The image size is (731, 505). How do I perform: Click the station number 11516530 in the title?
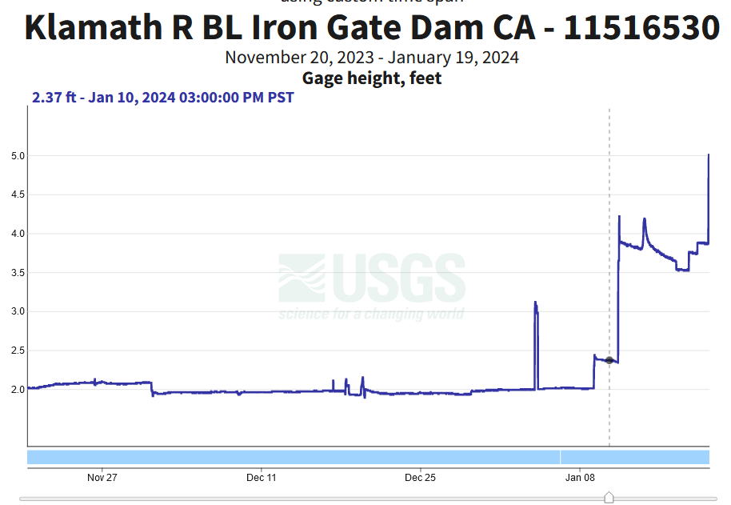tap(641, 28)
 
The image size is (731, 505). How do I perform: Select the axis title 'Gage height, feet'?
tap(372, 78)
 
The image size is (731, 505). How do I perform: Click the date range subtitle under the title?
tap(372, 58)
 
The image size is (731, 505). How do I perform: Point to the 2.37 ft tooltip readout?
tap(162, 98)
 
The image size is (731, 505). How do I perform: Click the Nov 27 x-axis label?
tap(102, 478)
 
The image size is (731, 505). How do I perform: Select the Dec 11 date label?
tap(262, 478)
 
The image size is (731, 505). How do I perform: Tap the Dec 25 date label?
tap(421, 478)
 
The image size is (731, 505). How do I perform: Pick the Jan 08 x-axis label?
tap(580, 478)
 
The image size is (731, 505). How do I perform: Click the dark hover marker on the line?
tap(609, 360)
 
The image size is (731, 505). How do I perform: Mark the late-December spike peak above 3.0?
tap(535, 303)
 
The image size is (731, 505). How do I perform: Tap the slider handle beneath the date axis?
tap(609, 498)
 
